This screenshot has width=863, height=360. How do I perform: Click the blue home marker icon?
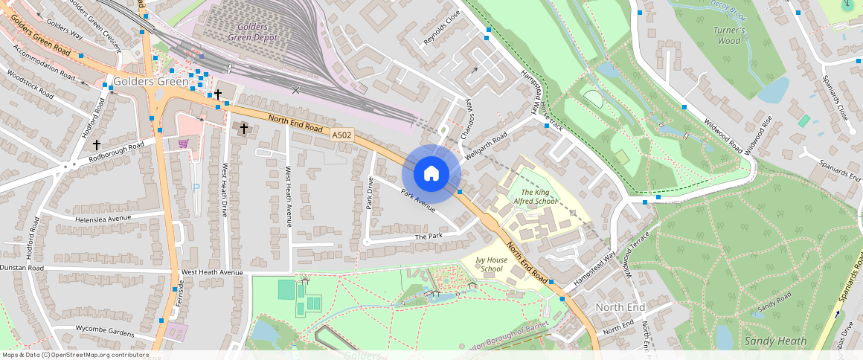click(x=431, y=174)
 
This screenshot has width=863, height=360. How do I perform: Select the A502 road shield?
click(x=341, y=135)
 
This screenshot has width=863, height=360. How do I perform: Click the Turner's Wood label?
click(x=729, y=35)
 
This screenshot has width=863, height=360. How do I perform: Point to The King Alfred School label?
click(x=535, y=196)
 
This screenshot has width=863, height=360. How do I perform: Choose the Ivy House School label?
click(x=492, y=264)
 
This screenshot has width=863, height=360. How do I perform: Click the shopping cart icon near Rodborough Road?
click(x=183, y=143)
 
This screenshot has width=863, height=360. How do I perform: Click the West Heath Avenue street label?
click(x=212, y=272)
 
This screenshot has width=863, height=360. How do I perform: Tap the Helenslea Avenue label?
click(x=103, y=219)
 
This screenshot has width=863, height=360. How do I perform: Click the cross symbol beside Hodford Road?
click(x=97, y=145)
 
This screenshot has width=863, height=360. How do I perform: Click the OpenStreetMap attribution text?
click(x=75, y=355)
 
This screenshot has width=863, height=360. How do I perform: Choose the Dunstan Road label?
click(x=22, y=267)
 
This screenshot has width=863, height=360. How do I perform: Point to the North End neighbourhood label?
click(x=620, y=307)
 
